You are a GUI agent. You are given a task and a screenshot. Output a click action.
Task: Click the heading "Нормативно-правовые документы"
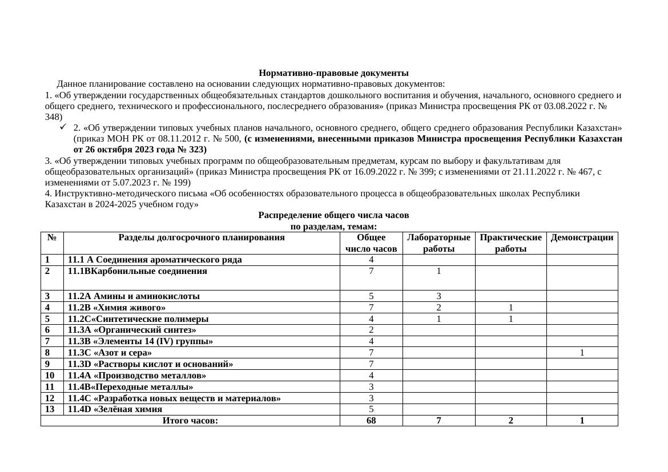pos(333,73)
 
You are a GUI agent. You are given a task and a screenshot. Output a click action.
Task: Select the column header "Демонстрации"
pos(582,237)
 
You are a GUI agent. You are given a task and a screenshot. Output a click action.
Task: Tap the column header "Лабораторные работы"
pos(438,243)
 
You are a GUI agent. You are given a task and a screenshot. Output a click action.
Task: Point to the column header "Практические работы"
pos(510,243)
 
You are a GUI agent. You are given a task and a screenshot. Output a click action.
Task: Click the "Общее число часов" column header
pos(371,243)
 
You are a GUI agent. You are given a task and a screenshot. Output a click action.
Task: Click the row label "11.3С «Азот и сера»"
pos(110,353)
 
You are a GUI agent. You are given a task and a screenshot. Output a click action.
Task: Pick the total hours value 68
pos(371,421)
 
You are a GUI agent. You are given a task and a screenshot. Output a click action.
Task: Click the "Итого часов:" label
pos(190,421)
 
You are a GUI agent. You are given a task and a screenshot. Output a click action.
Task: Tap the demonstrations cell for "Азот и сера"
pos(582,353)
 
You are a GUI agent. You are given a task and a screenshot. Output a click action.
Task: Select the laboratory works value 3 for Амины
pos(438,296)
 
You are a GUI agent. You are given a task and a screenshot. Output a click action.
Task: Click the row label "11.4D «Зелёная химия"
pos(115,409)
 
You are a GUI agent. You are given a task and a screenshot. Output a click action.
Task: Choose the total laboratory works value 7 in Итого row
pos(438,421)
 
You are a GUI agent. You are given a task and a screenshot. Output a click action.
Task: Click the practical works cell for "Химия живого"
pos(510,308)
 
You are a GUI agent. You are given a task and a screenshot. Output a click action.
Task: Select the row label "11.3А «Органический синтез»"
pos(132,330)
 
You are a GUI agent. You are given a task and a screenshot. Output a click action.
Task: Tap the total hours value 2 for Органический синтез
pos(371,330)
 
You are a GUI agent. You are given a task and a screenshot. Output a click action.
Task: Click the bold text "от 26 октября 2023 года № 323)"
pos(140,150)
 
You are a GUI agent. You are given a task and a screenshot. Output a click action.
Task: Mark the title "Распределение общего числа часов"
pos(333,215)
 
